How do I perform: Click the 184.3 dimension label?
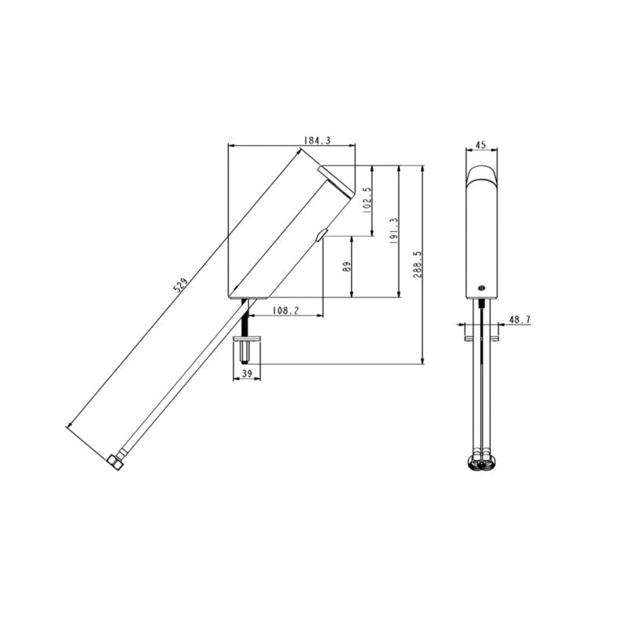pyautogui.click(x=317, y=141)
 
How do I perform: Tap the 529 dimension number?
pyautogui.click(x=180, y=286)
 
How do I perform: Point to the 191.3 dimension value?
pyautogui.click(x=393, y=230)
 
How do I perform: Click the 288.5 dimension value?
pyautogui.click(x=418, y=264)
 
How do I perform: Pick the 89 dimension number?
pyautogui.click(x=347, y=266)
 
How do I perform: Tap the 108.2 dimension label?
pyautogui.click(x=285, y=310)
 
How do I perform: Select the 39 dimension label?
pyautogui.click(x=248, y=373)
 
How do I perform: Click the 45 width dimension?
pyautogui.click(x=481, y=144)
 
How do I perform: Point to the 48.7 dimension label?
pyautogui.click(x=520, y=320)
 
